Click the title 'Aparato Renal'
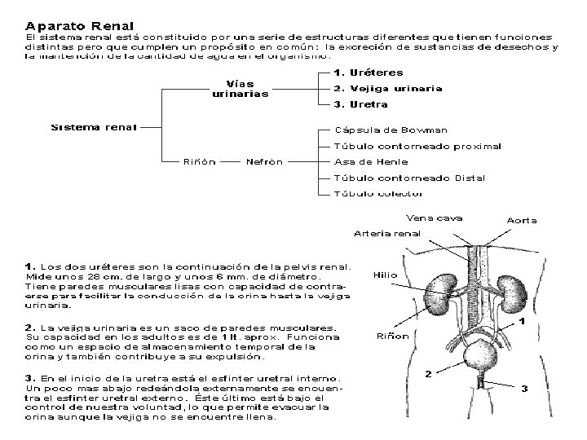pos(80,26)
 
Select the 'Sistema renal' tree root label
pos(94,127)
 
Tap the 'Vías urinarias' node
pos(240,89)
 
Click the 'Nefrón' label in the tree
pos(264,161)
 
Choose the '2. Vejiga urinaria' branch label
pos(388,89)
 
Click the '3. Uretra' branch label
pos(362,105)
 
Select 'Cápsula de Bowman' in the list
pos(391,130)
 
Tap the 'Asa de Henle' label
pos(371,161)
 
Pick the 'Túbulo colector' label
pos(379,194)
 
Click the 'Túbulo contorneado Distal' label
pos(410,178)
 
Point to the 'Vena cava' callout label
pos(435,218)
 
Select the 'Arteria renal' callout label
pos(387,234)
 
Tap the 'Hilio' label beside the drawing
pos(385,275)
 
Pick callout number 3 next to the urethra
pos(524,388)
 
